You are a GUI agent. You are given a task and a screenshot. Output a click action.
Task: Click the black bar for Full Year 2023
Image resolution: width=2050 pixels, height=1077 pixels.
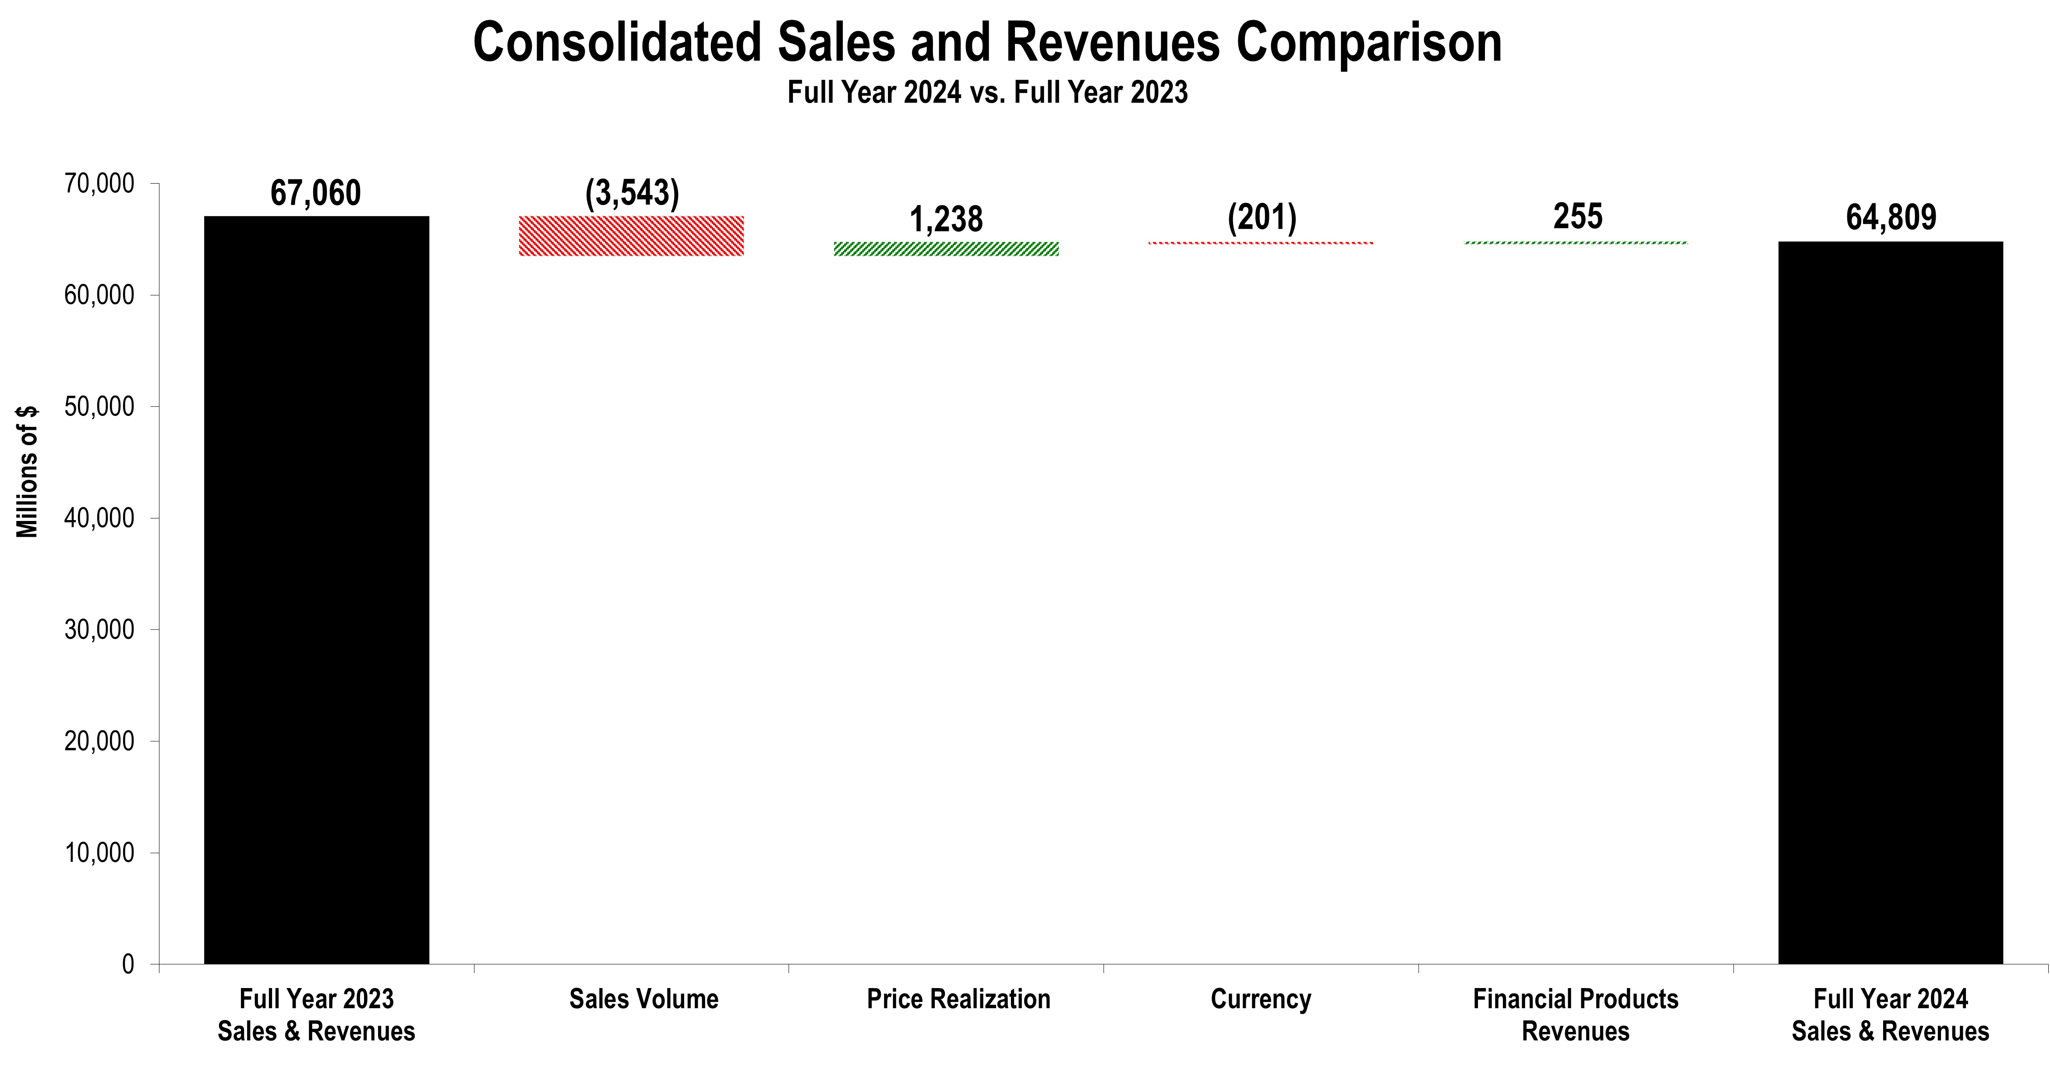[317, 589]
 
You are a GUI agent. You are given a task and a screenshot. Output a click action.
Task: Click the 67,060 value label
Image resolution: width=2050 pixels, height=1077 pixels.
[316, 193]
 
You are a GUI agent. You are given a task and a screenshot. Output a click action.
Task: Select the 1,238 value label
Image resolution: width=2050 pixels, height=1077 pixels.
[946, 220]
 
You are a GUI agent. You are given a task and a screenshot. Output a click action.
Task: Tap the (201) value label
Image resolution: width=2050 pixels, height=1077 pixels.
[1262, 217]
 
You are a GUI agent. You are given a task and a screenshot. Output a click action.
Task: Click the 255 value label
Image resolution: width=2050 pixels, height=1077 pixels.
[1577, 216]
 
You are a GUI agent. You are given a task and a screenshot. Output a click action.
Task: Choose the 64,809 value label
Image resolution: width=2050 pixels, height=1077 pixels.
[1891, 217]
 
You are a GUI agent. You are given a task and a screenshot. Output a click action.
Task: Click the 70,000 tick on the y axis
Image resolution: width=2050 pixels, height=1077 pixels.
[99, 184]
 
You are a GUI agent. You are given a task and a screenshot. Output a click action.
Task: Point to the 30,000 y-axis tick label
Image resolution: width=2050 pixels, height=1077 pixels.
[99, 630]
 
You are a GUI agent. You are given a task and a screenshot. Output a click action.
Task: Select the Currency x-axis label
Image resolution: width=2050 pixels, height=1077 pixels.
[1261, 999]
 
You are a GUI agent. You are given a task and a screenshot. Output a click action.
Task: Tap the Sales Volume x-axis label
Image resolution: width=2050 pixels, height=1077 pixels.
[644, 999]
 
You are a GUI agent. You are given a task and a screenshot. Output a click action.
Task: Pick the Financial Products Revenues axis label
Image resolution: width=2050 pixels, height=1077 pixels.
[1576, 1015]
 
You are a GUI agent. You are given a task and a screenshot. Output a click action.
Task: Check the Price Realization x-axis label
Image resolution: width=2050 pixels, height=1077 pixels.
[958, 999]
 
